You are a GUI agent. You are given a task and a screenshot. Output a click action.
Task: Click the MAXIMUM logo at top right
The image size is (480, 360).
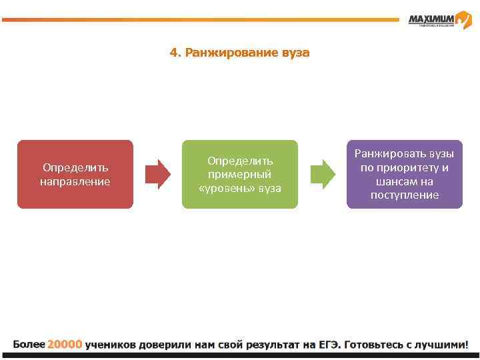pos(440,21)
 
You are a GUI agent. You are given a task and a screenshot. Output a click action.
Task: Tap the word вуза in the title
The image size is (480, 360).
pos(295,52)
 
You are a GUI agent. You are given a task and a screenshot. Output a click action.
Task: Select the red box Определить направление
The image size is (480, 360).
pos(75,174)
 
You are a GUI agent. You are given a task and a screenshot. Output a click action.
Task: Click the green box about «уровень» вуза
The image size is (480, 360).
pos(240,174)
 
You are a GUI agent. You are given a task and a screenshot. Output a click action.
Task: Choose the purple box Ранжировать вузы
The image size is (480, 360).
pos(405,174)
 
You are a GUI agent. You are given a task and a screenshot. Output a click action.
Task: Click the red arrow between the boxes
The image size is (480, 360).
pos(158,175)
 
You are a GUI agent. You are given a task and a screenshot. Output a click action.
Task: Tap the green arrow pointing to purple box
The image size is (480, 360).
pos(323,175)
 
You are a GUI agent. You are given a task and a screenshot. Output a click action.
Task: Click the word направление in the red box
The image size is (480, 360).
pos(75,181)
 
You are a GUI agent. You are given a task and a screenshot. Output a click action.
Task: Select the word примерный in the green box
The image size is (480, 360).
pos(240,175)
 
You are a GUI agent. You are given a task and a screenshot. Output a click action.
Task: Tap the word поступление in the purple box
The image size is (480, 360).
pos(405,195)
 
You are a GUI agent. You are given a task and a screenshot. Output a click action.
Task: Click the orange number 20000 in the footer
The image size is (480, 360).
pos(65,345)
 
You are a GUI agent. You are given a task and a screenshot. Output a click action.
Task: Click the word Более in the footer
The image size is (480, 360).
pos(29,345)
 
